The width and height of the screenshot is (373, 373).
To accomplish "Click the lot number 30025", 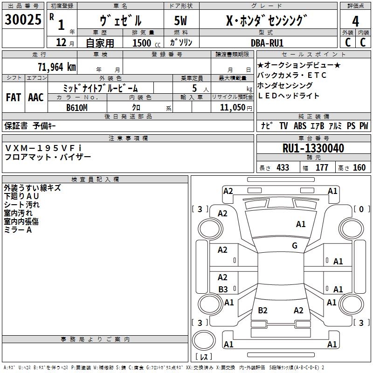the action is coord(22,21).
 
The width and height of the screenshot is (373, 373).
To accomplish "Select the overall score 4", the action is coord(355,21).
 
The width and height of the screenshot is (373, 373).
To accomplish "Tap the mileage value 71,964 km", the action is coord(56,67).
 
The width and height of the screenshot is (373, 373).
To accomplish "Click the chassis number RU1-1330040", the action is coord(313,149).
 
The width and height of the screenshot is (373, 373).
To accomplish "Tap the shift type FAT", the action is coord(14,97).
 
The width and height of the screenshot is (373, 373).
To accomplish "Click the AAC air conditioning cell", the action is coord(35,97).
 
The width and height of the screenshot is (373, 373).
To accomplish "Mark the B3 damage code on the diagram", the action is coord(223,290).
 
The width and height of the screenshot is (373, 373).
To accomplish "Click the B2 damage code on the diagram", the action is coord(262,311).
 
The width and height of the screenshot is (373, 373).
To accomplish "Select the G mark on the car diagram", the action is coord(294,246).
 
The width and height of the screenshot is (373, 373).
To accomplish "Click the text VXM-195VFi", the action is coord(43,148).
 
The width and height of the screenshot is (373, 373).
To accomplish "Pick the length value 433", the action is coord(283,168).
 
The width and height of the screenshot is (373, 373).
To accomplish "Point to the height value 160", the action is coord(359,168).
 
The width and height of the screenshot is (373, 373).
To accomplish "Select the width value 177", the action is coord(322,168).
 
